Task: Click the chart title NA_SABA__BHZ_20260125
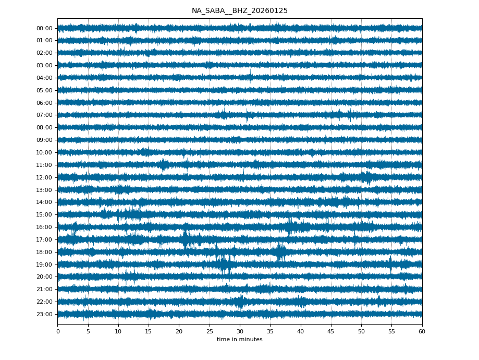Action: [x=239, y=11]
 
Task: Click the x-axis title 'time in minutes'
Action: [x=239, y=340]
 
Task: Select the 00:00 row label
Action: [x=44, y=28]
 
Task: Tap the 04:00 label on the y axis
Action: [x=44, y=78]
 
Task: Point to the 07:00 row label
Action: [x=44, y=115]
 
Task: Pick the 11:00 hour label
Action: [x=44, y=165]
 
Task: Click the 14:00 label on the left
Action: [x=44, y=202]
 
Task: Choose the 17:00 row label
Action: [x=44, y=239]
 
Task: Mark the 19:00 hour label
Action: [x=44, y=265]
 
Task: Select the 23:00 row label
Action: [x=44, y=314]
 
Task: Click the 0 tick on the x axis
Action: [x=58, y=331]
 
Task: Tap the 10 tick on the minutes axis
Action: [x=118, y=331]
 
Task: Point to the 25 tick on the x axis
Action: [x=210, y=331]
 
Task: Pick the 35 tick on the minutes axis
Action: [x=270, y=331]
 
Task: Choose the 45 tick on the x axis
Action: [x=331, y=331]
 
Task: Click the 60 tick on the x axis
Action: [x=422, y=331]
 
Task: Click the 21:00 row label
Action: [x=44, y=289]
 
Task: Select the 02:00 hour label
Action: [x=44, y=53]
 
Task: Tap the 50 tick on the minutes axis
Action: [x=361, y=331]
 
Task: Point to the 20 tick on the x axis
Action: [x=179, y=331]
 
